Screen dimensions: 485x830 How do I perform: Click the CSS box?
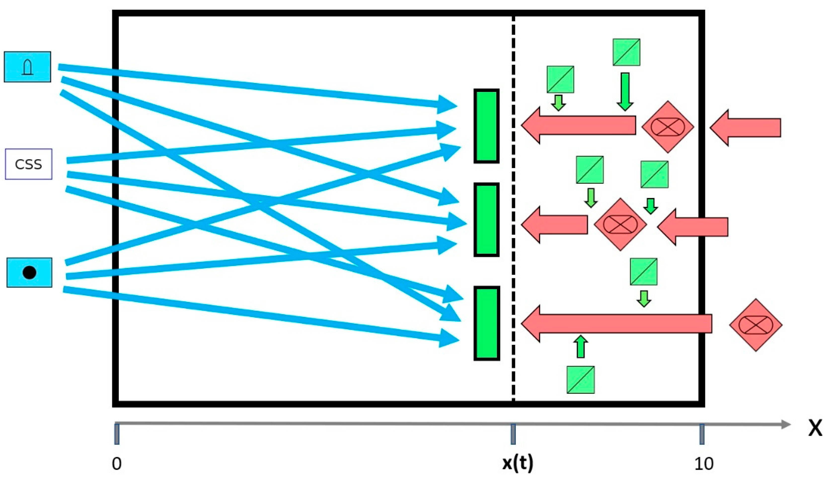(x=29, y=164)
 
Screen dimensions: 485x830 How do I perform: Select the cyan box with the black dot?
(x=29, y=273)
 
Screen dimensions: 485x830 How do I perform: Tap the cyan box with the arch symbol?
(x=27, y=67)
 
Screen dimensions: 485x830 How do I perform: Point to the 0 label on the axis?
(x=116, y=464)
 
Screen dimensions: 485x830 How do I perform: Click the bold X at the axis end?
(x=815, y=429)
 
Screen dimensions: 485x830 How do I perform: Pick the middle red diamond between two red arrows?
(x=620, y=224)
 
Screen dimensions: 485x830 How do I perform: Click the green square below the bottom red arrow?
(x=580, y=380)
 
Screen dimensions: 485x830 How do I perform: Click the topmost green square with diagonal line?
(x=626, y=52)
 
